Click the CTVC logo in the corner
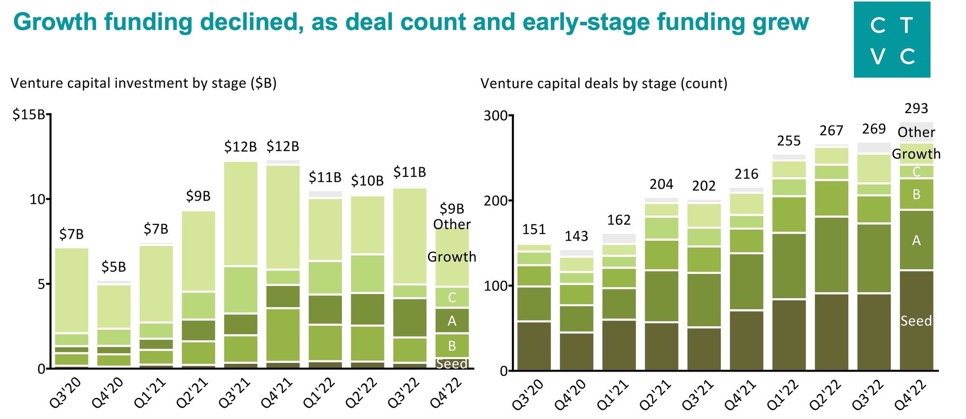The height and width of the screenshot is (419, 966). (x=892, y=40)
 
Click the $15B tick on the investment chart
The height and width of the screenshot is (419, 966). (x=28, y=115)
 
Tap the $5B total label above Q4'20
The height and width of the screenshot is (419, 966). (x=114, y=267)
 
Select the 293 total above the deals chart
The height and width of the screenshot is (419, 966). (x=916, y=108)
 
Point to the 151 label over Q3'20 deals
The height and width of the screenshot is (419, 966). (x=534, y=230)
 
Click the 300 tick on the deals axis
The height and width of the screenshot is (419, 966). (x=495, y=116)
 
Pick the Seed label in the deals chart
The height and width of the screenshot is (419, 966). (x=916, y=321)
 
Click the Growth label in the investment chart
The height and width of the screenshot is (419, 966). (x=452, y=257)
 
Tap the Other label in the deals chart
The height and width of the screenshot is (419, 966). (x=916, y=132)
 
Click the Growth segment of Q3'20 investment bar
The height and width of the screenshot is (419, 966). (x=71, y=290)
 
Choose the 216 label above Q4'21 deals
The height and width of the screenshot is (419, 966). (x=746, y=174)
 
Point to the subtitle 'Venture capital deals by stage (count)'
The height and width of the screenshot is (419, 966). (x=604, y=84)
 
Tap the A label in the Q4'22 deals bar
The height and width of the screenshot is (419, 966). (x=916, y=240)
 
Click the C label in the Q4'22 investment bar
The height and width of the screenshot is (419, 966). (x=452, y=297)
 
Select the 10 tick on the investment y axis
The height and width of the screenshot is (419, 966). (x=37, y=199)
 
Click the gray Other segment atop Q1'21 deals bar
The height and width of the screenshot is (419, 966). (x=619, y=238)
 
